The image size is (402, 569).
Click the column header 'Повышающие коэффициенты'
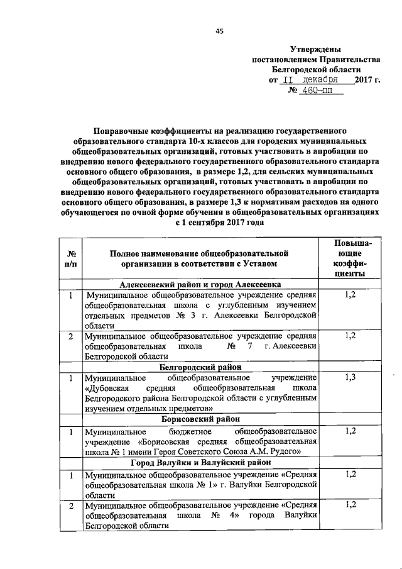click(350, 258)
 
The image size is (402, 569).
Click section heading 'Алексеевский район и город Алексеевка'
click(200, 284)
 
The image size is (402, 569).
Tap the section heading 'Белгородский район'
click(200, 366)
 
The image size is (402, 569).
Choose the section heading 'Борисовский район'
click(200, 419)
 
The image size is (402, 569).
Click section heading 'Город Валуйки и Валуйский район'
click(200, 463)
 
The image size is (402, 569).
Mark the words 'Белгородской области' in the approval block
click(317, 69)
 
